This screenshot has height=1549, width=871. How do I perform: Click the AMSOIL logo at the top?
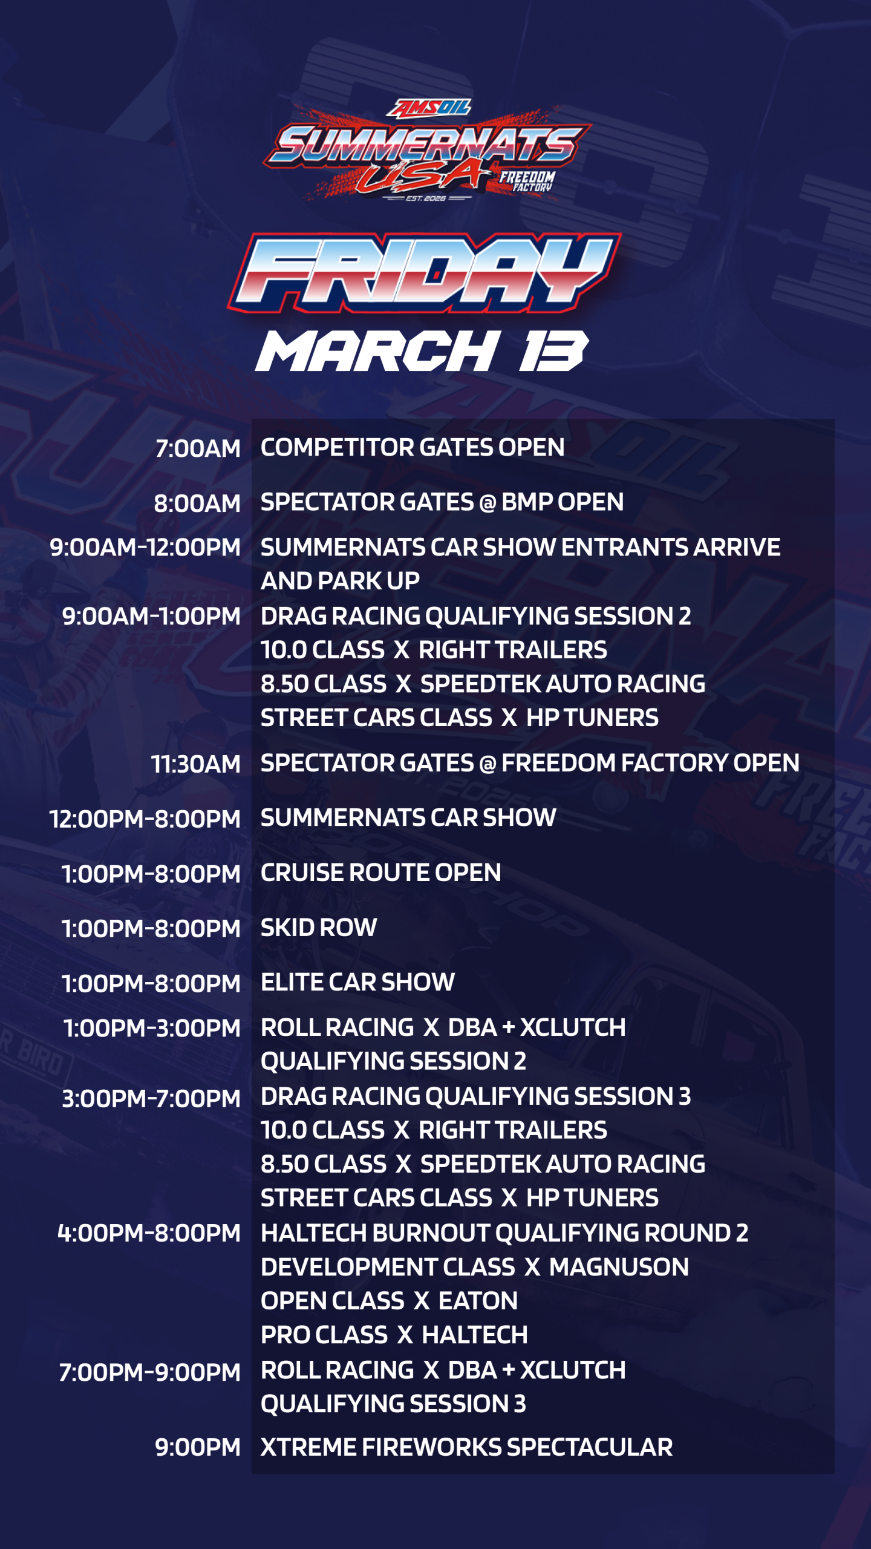[x=429, y=108]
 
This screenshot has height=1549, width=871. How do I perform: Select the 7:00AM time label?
[x=198, y=449]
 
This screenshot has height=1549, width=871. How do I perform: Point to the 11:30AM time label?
[x=195, y=764]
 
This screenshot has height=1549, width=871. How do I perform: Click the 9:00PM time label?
[x=198, y=1447]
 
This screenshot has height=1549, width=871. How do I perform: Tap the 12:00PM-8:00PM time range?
[x=145, y=819]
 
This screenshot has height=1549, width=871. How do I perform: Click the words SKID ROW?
[x=319, y=928]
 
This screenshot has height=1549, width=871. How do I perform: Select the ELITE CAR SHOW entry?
[x=357, y=982]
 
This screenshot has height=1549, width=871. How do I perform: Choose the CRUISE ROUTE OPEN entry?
[x=380, y=873]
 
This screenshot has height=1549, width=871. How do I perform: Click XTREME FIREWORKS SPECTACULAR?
[x=466, y=1447]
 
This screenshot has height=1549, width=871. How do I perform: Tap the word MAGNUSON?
[x=619, y=1267]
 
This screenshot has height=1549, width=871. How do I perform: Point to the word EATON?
[x=478, y=1301]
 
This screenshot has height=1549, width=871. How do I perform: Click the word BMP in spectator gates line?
[x=526, y=502]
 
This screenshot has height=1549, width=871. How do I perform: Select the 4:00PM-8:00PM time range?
[x=149, y=1233]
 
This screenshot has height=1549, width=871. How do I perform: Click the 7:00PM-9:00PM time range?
[x=149, y=1372]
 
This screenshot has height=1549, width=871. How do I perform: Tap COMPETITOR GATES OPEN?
[x=413, y=448]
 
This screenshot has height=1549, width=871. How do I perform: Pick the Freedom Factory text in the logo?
[x=527, y=181]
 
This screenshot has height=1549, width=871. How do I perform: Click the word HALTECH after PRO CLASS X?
[x=475, y=1335]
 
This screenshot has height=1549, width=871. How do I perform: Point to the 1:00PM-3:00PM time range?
[x=152, y=1028]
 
